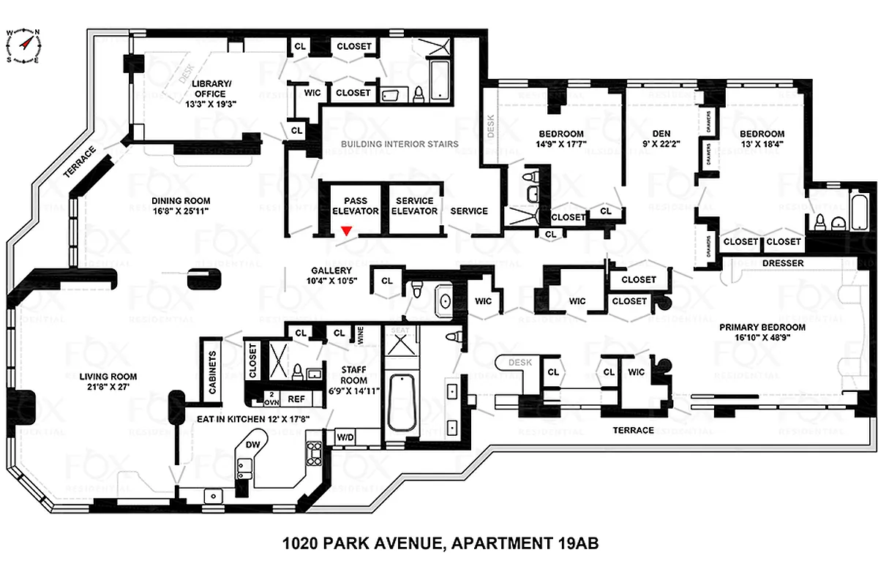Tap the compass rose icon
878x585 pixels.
23,45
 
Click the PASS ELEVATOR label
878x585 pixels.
356,205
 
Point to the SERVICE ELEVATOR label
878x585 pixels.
414,205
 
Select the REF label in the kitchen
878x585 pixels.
296,399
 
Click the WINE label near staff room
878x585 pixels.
361,335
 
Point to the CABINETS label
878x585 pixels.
212,374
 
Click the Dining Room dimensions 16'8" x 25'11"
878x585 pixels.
181,212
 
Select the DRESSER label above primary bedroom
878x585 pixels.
782,263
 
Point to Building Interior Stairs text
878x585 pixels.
400,144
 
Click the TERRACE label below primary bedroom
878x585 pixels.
634,430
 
